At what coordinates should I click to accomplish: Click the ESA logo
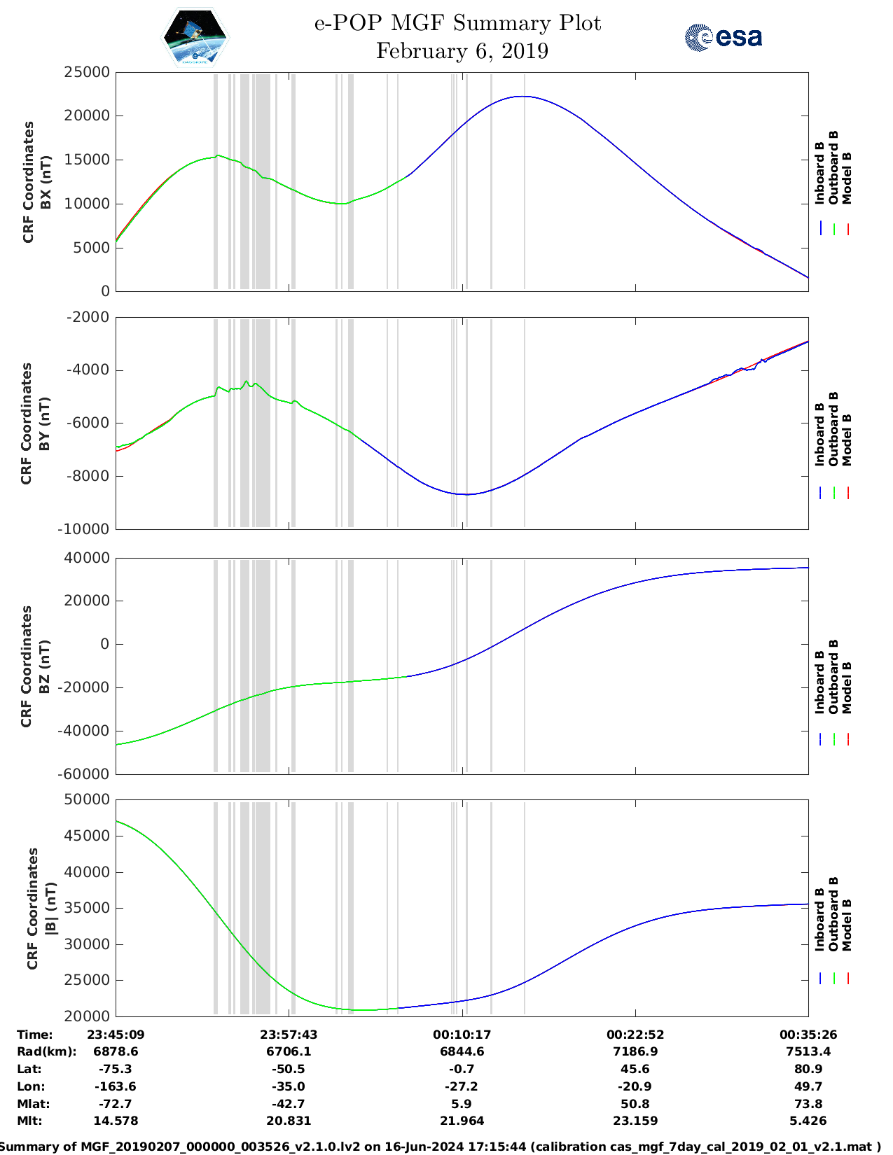point(723,37)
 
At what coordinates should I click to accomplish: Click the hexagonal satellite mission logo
point(195,38)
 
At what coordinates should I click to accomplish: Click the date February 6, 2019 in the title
point(462,51)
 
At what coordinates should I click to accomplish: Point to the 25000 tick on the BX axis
point(87,72)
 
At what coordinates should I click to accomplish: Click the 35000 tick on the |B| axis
point(87,908)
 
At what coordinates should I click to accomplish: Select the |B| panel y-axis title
point(41,908)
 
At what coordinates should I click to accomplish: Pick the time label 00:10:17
point(462,1035)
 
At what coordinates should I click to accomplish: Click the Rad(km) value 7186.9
point(635,1051)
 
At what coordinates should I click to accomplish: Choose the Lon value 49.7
point(808,1086)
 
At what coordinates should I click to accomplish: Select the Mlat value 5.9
point(462,1104)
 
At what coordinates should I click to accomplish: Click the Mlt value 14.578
point(116,1121)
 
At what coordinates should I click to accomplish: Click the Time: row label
point(35,1035)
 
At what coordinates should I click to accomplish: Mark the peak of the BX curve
point(522,97)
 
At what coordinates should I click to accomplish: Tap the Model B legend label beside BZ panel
point(847,687)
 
